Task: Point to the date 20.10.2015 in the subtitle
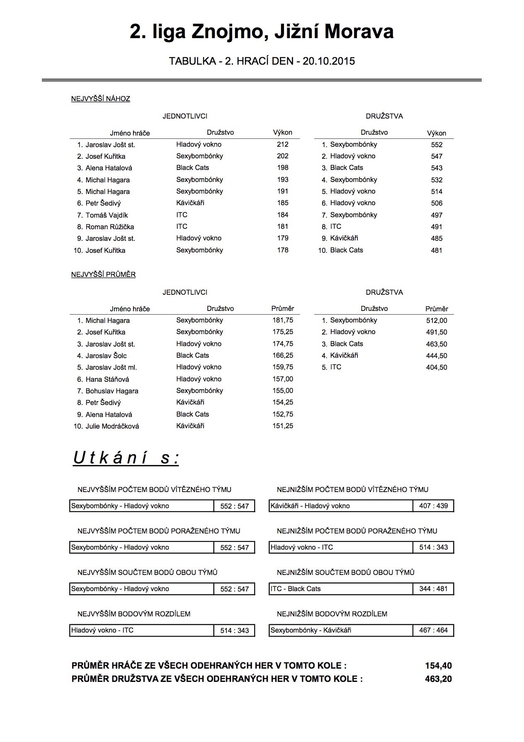pos(329,61)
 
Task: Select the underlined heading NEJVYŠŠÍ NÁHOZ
pos(101,99)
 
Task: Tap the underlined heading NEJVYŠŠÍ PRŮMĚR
pos(103,274)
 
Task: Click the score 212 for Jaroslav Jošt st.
pos(283,144)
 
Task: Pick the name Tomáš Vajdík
pos(107,215)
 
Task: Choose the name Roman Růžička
pos(109,227)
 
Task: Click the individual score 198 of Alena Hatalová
pos(283,167)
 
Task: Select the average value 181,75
pos(283,320)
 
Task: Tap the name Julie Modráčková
pos(112,426)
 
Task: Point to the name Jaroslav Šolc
pos(106,356)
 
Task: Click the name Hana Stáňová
pos(107,379)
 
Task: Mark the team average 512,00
pos(437,320)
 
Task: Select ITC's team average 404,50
pos(437,367)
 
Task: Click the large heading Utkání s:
pos(126,458)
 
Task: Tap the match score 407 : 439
pos(433,506)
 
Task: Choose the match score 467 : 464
pos(433,630)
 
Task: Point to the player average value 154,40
pos(438,666)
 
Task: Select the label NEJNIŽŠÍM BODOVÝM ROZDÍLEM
pos(332,614)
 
